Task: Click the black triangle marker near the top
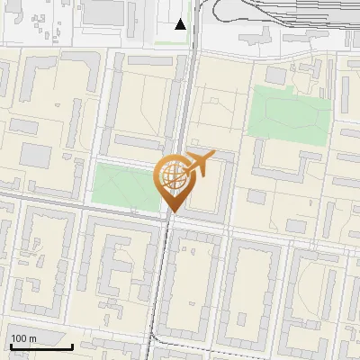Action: click(181, 24)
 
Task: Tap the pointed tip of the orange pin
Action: click(171, 212)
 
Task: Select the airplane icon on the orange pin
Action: click(199, 164)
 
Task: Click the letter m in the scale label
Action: click(32, 338)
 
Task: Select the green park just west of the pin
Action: click(121, 185)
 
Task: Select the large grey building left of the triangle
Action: click(103, 12)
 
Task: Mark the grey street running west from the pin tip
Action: click(81, 205)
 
